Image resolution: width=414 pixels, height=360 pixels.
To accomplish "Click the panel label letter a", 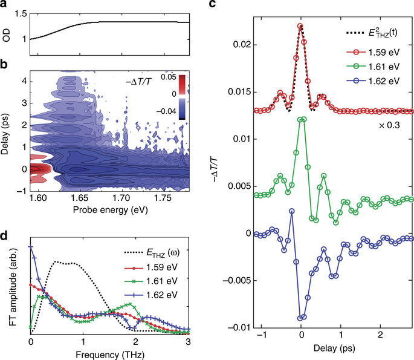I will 4,6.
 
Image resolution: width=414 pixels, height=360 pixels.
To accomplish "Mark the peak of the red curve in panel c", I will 300,25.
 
